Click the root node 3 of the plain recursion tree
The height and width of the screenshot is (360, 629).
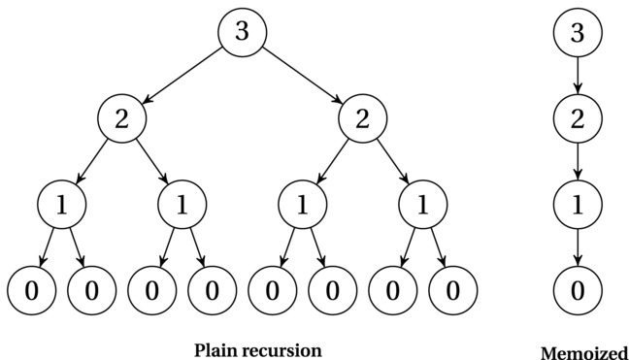[x=242, y=31]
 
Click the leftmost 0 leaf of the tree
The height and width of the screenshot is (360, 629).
[x=31, y=290]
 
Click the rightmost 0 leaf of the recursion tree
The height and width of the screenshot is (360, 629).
[x=452, y=290]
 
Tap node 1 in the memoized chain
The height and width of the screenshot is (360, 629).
[x=578, y=204]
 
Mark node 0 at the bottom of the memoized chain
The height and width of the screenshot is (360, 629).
[x=578, y=290]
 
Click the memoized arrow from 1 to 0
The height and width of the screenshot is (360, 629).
[x=578, y=247]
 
